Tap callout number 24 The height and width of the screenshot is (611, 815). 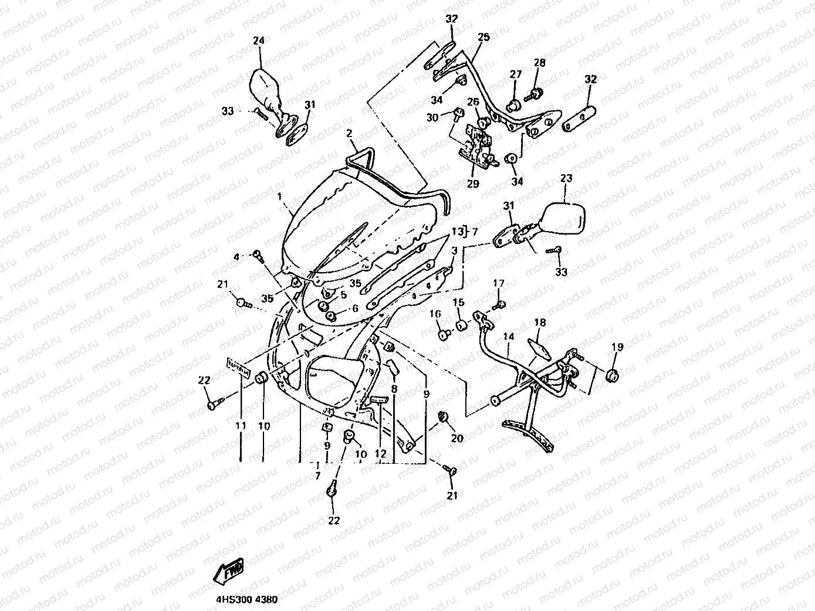point(258,41)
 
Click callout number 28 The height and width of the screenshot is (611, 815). point(539,63)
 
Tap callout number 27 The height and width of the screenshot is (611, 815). point(515,74)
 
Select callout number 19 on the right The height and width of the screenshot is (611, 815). point(617,347)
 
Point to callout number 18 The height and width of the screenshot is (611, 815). point(539,323)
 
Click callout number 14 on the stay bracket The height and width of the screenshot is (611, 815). point(509,337)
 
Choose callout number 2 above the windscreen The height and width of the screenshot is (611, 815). point(349,134)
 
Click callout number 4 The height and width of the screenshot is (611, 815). point(237,257)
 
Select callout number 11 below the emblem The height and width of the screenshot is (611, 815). point(241,426)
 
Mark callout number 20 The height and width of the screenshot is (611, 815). point(457,439)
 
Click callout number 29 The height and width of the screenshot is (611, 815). point(473,184)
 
